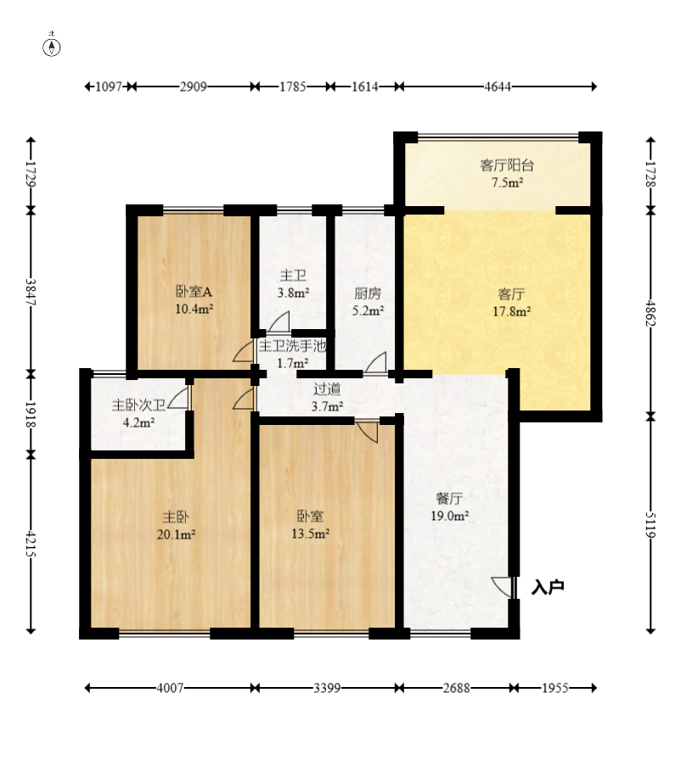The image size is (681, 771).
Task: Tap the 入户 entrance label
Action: (x=548, y=587)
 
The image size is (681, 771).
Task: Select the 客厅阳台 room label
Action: (x=507, y=165)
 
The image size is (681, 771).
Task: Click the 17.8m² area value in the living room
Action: (x=512, y=311)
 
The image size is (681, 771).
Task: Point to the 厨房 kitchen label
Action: (x=368, y=293)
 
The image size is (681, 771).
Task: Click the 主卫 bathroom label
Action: (x=293, y=276)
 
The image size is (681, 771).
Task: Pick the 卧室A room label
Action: (x=194, y=292)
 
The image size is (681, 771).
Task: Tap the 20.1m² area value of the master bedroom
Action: (x=177, y=534)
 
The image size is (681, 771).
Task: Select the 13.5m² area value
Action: (x=310, y=534)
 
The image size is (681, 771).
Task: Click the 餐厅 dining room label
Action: (x=449, y=499)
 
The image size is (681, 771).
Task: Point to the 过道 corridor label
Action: (x=328, y=389)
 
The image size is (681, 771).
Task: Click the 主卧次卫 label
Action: (x=139, y=405)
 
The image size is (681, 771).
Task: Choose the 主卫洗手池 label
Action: (x=293, y=346)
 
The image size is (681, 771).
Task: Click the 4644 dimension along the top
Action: (x=498, y=87)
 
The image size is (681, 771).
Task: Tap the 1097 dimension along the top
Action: (x=109, y=87)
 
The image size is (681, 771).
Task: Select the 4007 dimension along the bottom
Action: (x=170, y=688)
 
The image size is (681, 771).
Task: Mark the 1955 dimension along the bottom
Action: (x=555, y=688)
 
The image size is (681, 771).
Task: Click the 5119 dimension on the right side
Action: (x=650, y=525)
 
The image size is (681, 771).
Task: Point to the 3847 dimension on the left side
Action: (x=31, y=292)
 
